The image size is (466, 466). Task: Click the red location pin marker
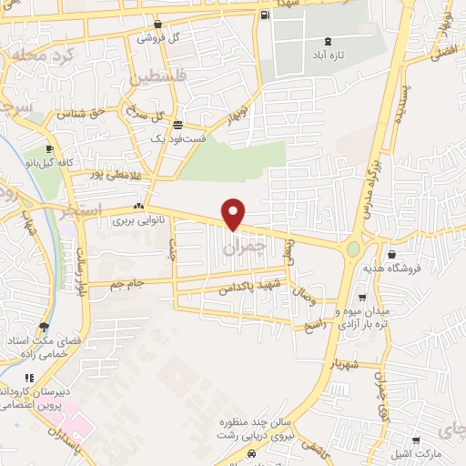pos(234,214)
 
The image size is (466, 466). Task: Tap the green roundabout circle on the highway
pos(353,248)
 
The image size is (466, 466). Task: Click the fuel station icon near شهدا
pos(265,15)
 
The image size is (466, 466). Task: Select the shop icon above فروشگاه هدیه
pos(391,255)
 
